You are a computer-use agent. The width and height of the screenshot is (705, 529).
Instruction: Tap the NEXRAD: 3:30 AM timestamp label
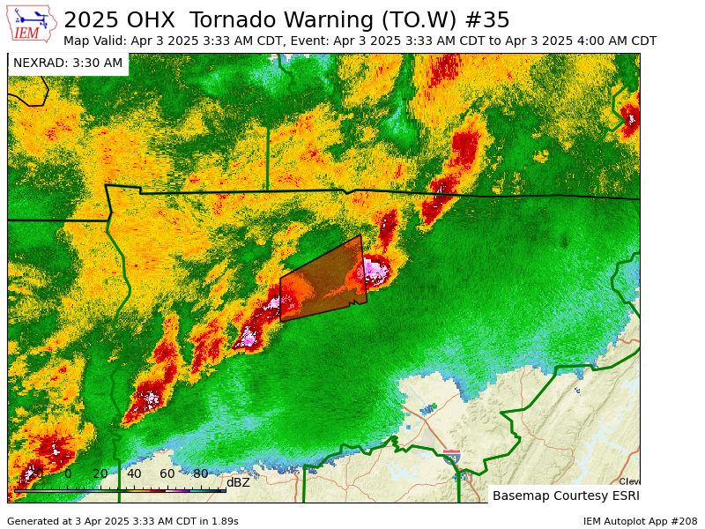pyautogui.click(x=68, y=63)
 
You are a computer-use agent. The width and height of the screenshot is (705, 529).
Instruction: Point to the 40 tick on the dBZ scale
pyautogui.click(x=134, y=474)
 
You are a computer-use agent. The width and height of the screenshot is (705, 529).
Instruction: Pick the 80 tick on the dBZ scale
pyautogui.click(x=201, y=474)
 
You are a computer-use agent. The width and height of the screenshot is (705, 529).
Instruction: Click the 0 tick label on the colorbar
pyautogui.click(x=68, y=474)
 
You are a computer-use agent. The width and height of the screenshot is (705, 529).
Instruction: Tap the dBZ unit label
pyautogui.click(x=238, y=482)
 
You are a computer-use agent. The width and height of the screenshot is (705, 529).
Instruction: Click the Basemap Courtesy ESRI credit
pyautogui.click(x=564, y=495)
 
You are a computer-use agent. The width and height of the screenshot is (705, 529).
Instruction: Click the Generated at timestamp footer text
pyautogui.click(x=122, y=521)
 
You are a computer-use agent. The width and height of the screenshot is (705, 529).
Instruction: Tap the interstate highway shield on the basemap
pyautogui.click(x=451, y=455)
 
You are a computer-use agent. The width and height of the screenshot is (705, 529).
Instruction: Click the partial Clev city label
pyautogui.click(x=629, y=481)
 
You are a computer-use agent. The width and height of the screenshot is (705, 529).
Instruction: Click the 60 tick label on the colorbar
pyautogui.click(x=167, y=474)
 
